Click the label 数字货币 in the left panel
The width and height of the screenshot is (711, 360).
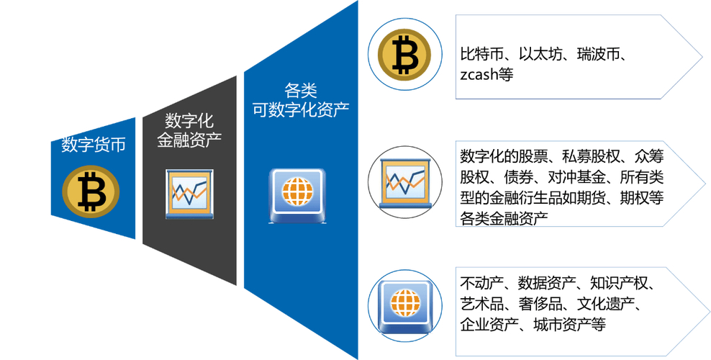[93, 145]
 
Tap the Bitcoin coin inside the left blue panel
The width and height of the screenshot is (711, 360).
[91, 191]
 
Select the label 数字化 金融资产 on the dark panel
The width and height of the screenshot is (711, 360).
[189, 130]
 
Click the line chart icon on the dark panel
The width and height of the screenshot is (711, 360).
[189, 193]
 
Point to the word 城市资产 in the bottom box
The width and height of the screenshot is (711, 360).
[561, 324]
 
